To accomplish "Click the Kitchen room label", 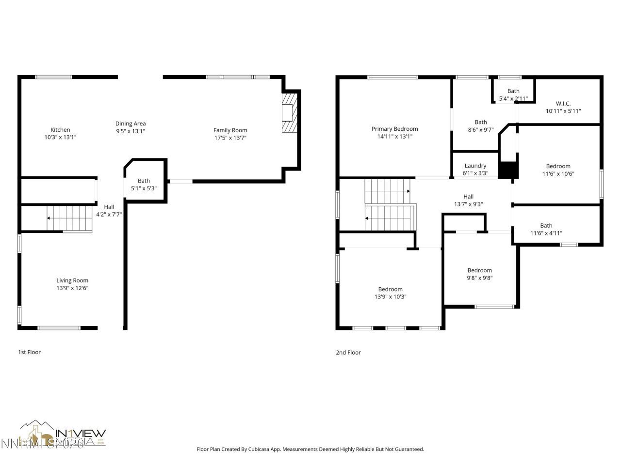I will coord(60,130).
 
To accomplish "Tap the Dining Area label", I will coord(131,124).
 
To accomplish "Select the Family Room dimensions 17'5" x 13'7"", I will coord(230,138).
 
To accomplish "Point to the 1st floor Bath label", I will coord(144,181).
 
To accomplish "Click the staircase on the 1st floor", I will coord(69,218).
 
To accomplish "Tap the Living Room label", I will coord(72,280).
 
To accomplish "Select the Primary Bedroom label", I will coord(394,129).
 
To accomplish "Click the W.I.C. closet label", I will coord(563,103).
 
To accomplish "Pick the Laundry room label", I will coord(475,166).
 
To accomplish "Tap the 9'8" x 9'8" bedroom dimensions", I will coord(479,278).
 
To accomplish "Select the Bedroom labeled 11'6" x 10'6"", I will coord(558,166).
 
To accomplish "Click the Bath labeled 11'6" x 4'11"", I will coord(546,225).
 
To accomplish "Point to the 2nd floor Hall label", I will coord(468,197).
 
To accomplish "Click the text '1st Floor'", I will coord(30,352).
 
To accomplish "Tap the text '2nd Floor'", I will coord(348,353).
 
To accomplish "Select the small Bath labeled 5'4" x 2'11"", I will coord(513,91).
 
